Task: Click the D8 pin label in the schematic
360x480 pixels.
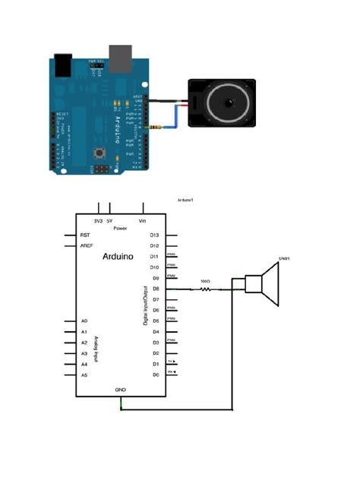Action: [x=155, y=289]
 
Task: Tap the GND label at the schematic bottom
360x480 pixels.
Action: [x=120, y=389]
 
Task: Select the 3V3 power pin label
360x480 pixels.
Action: [x=98, y=221]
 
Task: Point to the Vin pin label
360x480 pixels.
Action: [x=142, y=221]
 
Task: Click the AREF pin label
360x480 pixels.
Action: [x=87, y=246]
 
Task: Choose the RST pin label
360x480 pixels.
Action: [x=85, y=235]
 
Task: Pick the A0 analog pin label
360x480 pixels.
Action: [x=84, y=321]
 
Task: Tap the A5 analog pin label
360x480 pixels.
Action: [x=84, y=375]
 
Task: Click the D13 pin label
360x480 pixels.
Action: [x=154, y=235]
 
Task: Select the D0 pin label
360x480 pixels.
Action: [x=155, y=374]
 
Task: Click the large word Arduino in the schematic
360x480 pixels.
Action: [x=118, y=257]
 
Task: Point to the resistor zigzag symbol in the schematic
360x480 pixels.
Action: [x=205, y=289]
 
